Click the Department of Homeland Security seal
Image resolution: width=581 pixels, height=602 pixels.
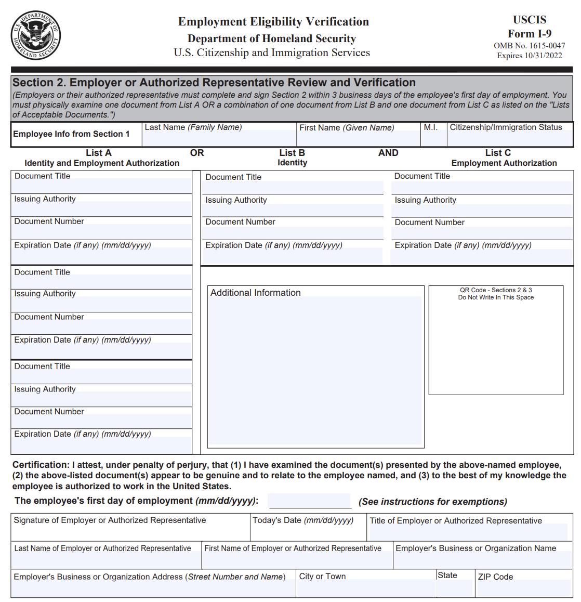tap(35, 35)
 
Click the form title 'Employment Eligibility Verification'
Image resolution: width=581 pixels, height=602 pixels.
tap(273, 22)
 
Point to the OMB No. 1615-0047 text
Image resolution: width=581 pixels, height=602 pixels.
tap(529, 46)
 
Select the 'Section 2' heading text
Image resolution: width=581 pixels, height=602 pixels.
tap(214, 83)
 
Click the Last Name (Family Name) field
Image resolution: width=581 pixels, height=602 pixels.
tap(219, 138)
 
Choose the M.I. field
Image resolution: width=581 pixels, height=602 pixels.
tap(433, 138)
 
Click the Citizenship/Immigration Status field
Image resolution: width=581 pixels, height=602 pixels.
tap(509, 138)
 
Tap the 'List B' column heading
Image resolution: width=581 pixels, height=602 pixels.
tap(292, 153)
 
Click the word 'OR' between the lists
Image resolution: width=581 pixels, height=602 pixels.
tap(197, 153)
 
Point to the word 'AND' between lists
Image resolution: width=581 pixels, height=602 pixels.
tap(388, 153)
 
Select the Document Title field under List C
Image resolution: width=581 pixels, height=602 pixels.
tap(482, 188)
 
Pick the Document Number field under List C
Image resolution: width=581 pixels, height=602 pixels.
tap(482, 233)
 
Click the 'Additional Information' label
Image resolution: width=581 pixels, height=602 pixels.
tap(255, 293)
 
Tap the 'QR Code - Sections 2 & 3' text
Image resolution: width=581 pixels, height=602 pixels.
tap(496, 290)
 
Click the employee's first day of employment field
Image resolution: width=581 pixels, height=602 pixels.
tap(310, 501)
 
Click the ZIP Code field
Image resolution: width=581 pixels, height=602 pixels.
tap(523, 588)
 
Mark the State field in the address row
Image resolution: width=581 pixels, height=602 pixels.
tap(454, 588)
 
